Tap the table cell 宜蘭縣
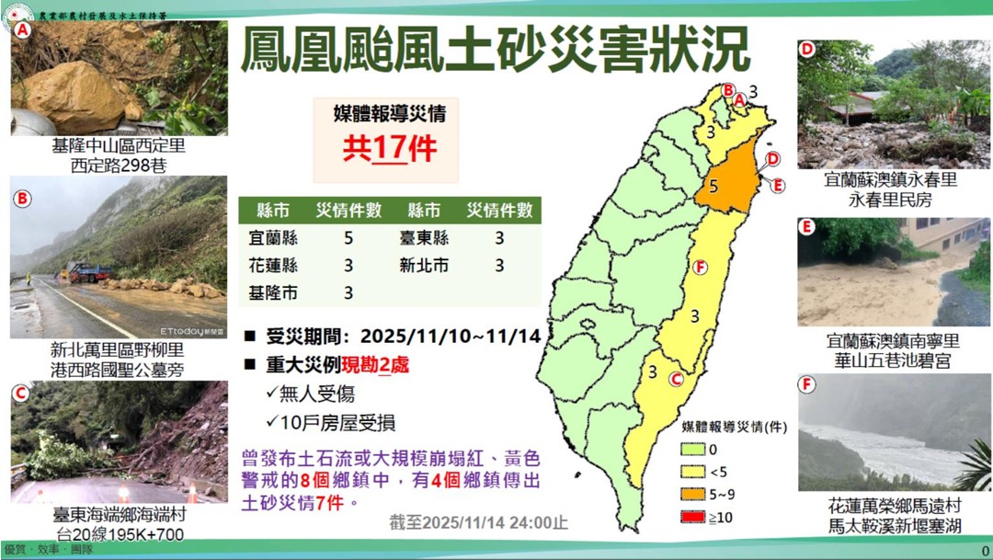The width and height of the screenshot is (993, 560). pyautogui.click(x=272, y=237)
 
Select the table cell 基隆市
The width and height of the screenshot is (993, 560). pyautogui.click(x=272, y=293)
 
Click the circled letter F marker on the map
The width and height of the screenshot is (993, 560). pyautogui.click(x=701, y=268)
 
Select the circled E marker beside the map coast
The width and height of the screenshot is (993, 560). pyautogui.click(x=778, y=185)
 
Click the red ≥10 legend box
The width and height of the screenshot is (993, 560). pyautogui.click(x=692, y=517)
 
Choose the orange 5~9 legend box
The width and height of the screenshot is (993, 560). pyautogui.click(x=692, y=494)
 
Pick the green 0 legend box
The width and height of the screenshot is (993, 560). pyautogui.click(x=692, y=449)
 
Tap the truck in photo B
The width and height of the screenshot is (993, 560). pyautogui.click(x=88, y=272)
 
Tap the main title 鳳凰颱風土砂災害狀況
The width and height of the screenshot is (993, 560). pyautogui.click(x=495, y=49)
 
